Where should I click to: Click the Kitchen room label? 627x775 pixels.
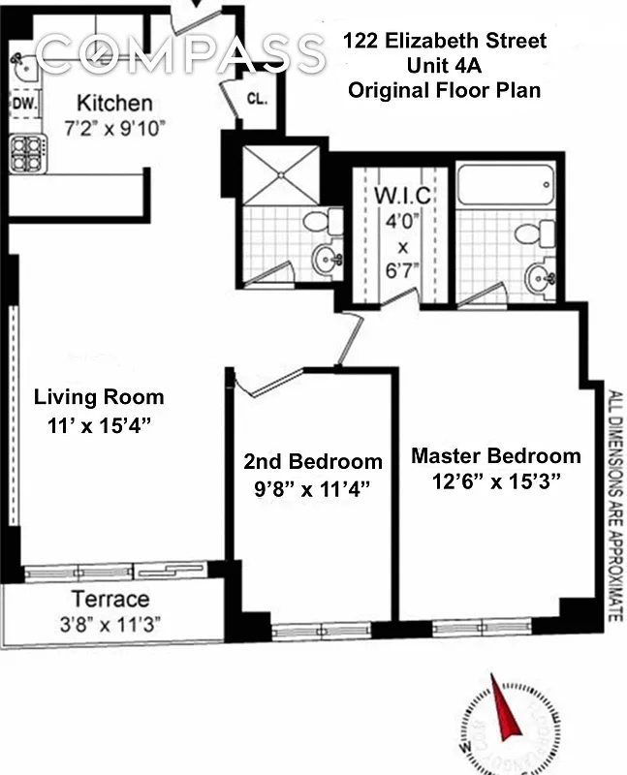click(x=114, y=103)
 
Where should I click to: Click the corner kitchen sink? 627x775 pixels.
click(x=26, y=66)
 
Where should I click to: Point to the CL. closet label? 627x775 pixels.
click(x=257, y=98)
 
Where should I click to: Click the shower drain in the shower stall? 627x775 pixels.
click(x=279, y=174)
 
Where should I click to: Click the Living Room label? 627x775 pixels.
click(x=99, y=397)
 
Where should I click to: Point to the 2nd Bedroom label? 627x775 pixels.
click(x=312, y=461)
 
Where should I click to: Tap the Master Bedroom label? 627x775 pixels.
click(x=495, y=455)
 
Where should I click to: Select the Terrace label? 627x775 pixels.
click(x=110, y=599)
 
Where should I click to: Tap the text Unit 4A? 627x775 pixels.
click(x=445, y=66)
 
